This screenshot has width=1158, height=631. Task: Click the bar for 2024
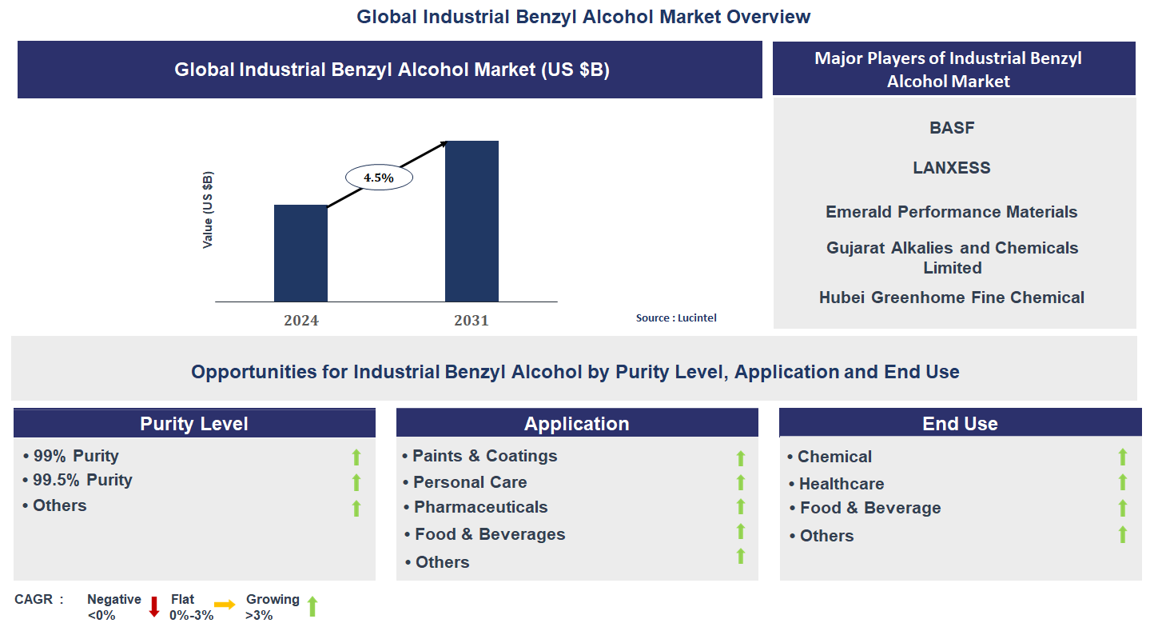300,254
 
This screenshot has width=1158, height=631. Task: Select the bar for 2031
472,222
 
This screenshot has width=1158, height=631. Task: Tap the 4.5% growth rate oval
379,178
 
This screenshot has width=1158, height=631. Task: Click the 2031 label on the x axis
472,321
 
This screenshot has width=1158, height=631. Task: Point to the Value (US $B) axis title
208,210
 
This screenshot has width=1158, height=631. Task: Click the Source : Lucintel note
676,317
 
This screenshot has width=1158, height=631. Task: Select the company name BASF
952,128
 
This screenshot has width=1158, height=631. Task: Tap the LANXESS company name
952,168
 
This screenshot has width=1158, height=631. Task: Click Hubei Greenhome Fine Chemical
952,298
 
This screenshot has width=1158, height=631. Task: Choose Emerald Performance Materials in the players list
952,212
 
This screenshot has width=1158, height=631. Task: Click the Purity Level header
194,424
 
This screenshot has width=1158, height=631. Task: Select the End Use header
960,424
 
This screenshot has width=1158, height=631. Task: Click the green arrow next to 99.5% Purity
356,481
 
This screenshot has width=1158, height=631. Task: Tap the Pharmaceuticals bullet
480,507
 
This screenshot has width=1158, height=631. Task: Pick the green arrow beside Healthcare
1122,482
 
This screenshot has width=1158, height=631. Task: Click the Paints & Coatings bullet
484,456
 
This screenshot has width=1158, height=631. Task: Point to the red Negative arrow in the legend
154,606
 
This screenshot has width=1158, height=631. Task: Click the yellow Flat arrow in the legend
225,605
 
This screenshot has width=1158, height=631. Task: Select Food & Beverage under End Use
870,508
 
